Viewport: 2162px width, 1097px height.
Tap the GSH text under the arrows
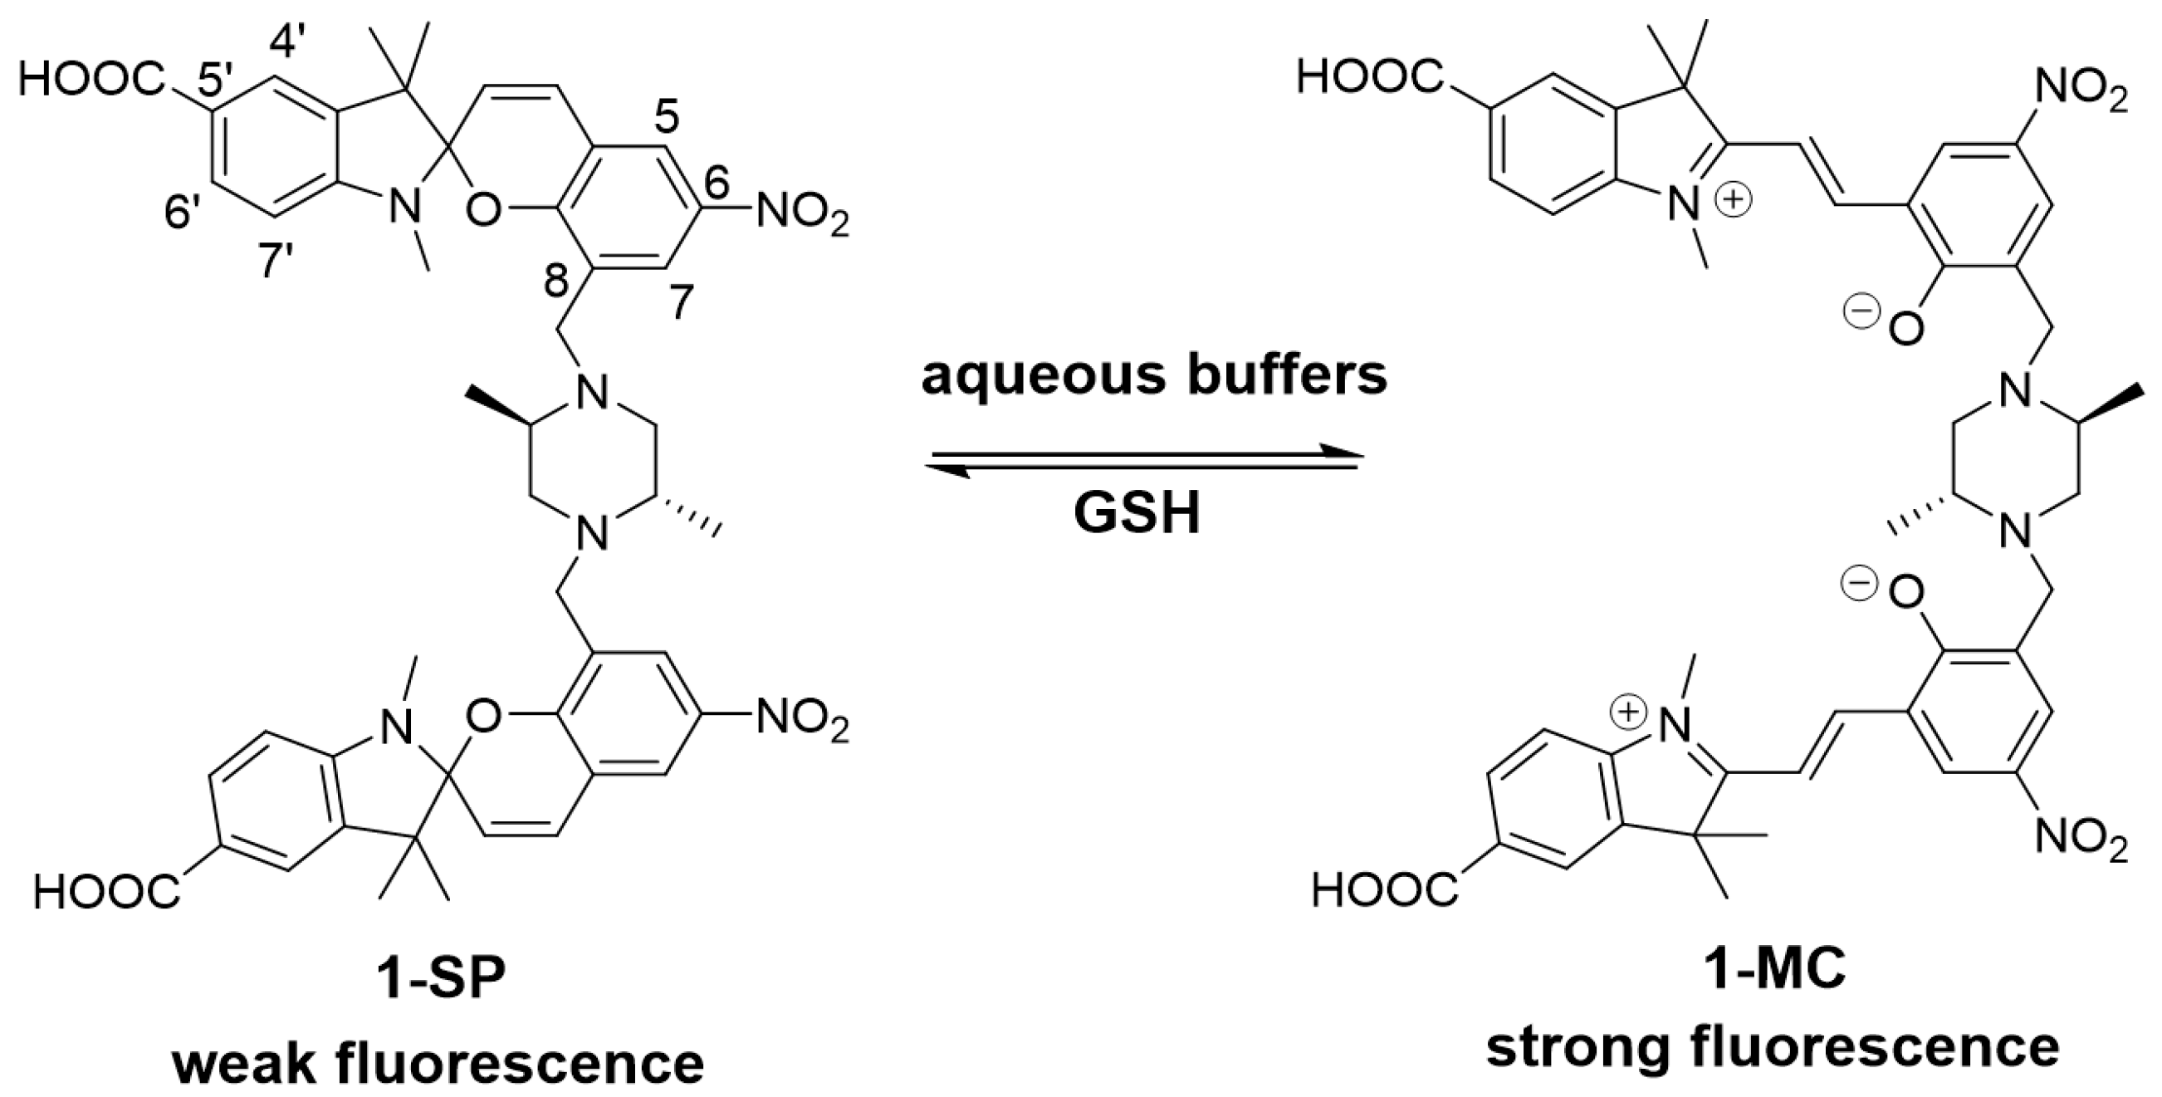(1137, 514)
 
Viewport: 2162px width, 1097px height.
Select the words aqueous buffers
(1154, 376)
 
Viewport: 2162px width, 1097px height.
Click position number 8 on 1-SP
(555, 283)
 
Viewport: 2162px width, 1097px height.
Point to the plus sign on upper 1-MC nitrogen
(1736, 200)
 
